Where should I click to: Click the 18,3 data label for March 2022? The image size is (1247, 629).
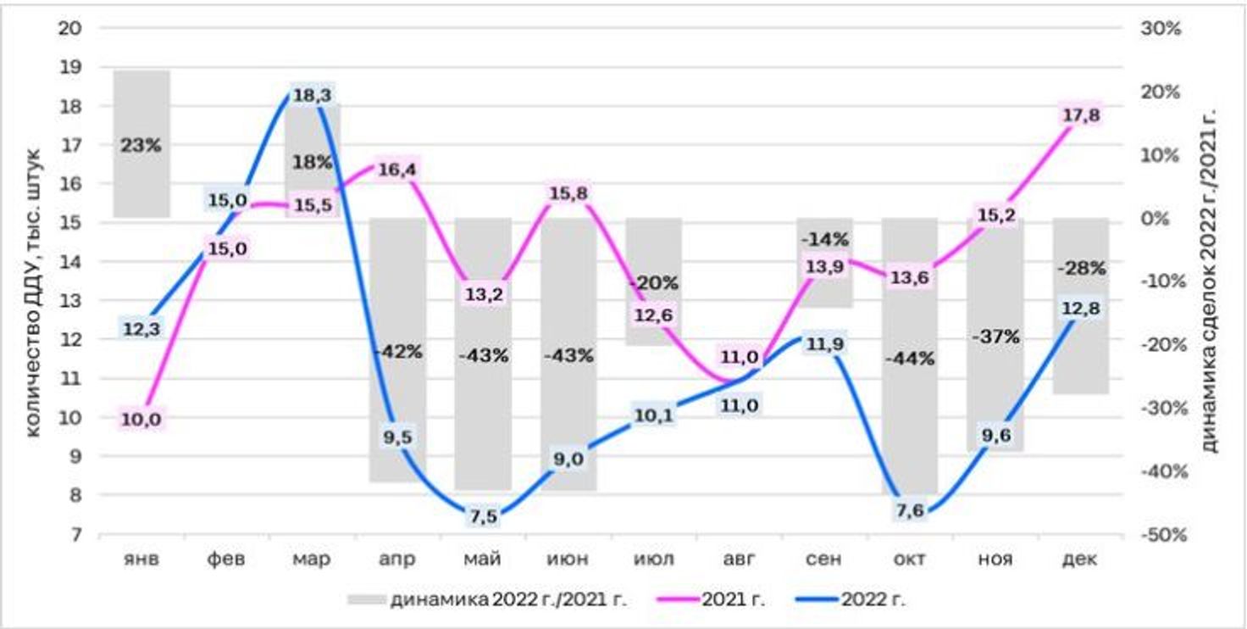pos(312,96)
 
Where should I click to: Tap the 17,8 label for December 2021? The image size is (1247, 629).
pos(1081,115)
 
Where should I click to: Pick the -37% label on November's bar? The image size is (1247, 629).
pos(995,337)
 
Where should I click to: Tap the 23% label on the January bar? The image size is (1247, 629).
pos(141,145)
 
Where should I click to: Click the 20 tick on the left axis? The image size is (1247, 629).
pos(70,28)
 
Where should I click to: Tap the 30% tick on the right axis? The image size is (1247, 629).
pos(1162,28)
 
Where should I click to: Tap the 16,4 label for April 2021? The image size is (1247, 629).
pos(397,170)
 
